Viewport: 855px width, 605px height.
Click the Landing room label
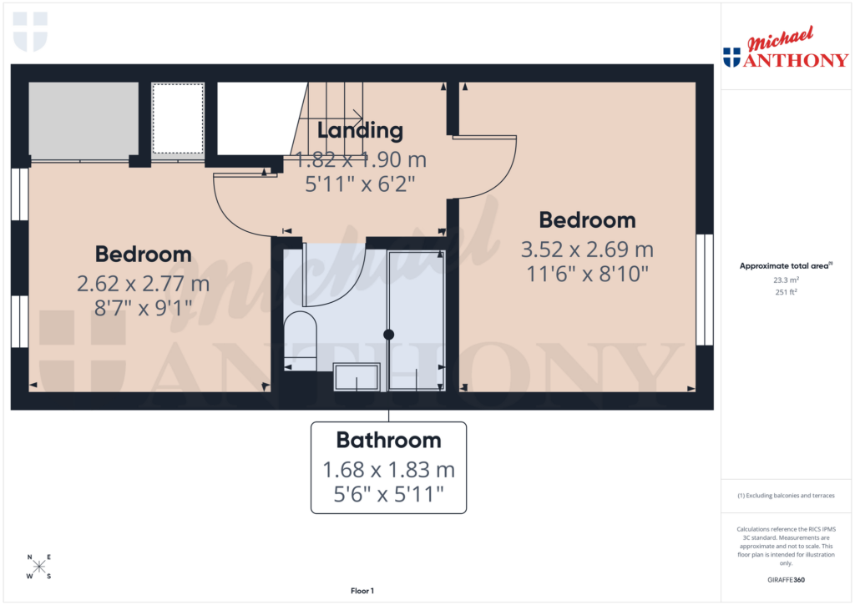(x=360, y=130)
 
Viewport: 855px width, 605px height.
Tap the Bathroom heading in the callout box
(x=388, y=440)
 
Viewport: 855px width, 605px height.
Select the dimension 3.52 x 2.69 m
(x=587, y=250)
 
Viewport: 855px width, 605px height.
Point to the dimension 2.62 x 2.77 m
(x=143, y=284)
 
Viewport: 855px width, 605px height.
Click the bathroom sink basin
(x=357, y=377)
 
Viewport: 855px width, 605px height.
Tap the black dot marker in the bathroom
(x=388, y=335)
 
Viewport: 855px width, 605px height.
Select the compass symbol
(x=39, y=567)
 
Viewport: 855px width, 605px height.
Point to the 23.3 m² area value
(x=785, y=280)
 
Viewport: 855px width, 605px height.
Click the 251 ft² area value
(x=785, y=292)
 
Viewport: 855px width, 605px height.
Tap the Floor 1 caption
(x=362, y=591)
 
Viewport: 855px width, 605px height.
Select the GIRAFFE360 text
(x=785, y=580)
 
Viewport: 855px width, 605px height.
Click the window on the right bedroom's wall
(x=705, y=289)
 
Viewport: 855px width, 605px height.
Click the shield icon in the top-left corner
(x=31, y=31)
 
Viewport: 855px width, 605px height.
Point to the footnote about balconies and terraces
(x=785, y=496)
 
